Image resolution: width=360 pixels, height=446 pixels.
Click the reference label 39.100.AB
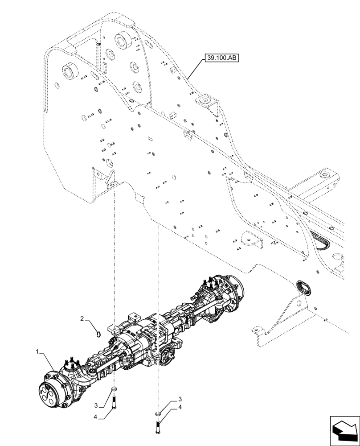221,58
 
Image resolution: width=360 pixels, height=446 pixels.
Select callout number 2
82,318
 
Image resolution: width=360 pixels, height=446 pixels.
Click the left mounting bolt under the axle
115,403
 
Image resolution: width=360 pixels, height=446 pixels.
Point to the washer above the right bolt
157,413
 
